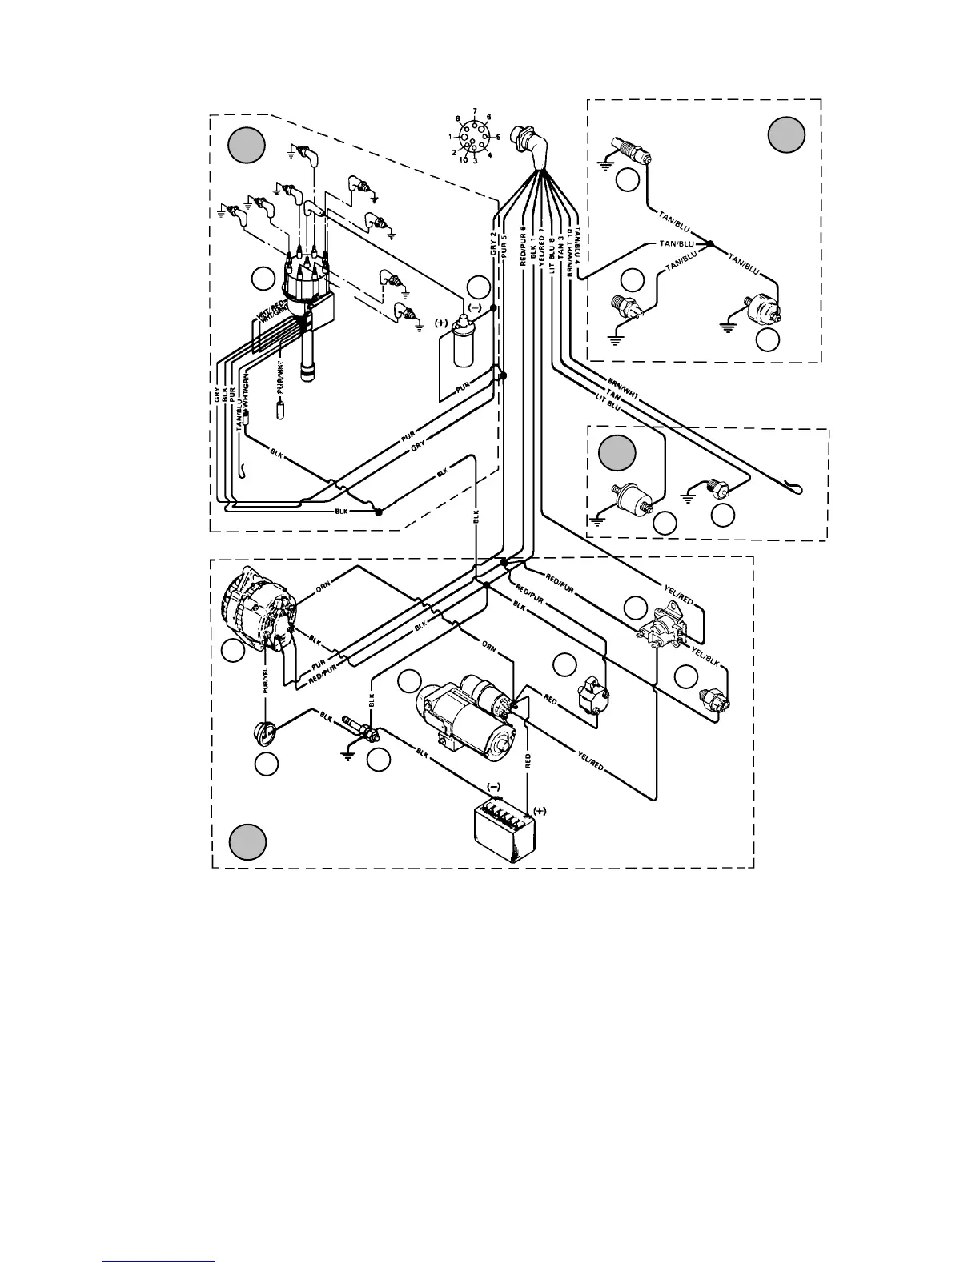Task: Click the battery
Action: click(504, 833)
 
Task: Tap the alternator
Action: click(260, 612)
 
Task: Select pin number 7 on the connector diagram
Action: click(475, 111)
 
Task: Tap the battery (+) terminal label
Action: click(540, 810)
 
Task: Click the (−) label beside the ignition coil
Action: click(474, 307)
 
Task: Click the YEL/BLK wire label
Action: click(704, 660)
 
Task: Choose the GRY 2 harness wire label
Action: click(494, 243)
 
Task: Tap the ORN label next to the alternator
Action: click(323, 585)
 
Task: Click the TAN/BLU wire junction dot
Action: click(709, 243)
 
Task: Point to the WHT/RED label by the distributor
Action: click(265, 312)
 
